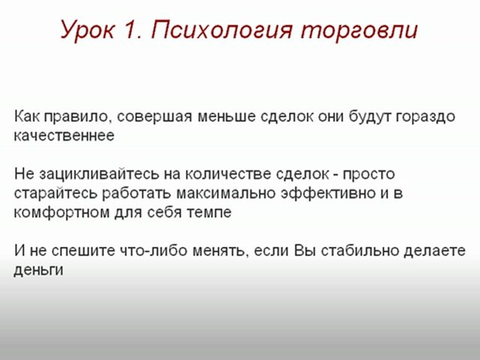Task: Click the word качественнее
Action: (64, 135)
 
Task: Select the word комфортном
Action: (62, 212)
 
